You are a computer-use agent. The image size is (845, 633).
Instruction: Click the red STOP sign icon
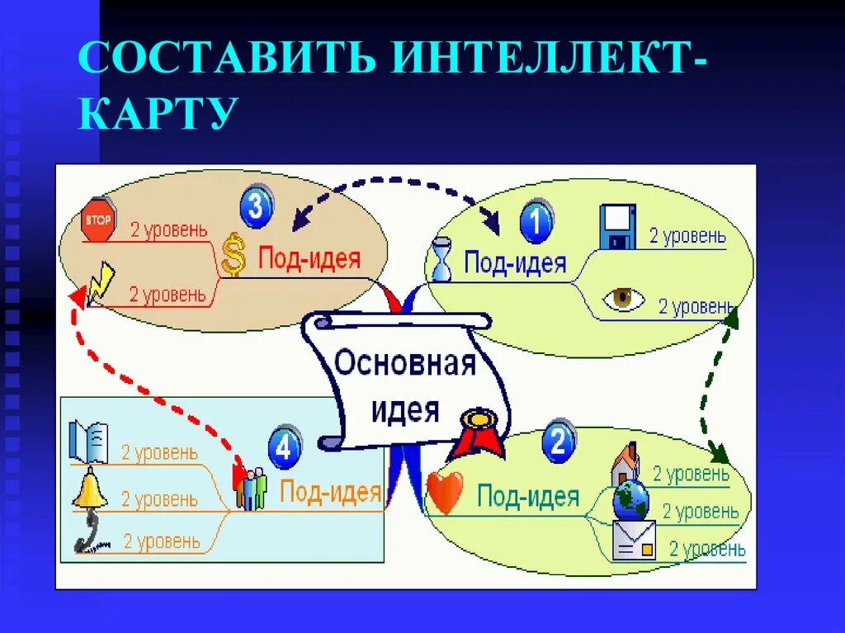coord(97,219)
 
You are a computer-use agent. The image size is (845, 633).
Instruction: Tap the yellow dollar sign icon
coord(234,254)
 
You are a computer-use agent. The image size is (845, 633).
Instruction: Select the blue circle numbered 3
coord(256,206)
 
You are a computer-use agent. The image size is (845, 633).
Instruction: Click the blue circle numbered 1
coord(536,223)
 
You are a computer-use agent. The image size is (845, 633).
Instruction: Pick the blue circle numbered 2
coord(558,444)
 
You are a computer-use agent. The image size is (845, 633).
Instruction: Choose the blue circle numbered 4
coord(284,448)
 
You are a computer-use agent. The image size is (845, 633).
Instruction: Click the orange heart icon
coord(446,494)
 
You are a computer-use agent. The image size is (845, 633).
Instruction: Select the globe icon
coord(630,501)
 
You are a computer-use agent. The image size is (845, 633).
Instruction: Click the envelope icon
coord(634,540)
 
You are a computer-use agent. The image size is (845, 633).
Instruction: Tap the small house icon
coord(625,464)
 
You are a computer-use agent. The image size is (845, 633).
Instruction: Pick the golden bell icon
coord(89,489)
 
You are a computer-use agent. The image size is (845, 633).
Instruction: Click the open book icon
coord(88,442)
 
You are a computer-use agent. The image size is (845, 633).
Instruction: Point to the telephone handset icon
coord(88,532)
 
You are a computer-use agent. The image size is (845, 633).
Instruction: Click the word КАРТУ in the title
coord(157,113)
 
